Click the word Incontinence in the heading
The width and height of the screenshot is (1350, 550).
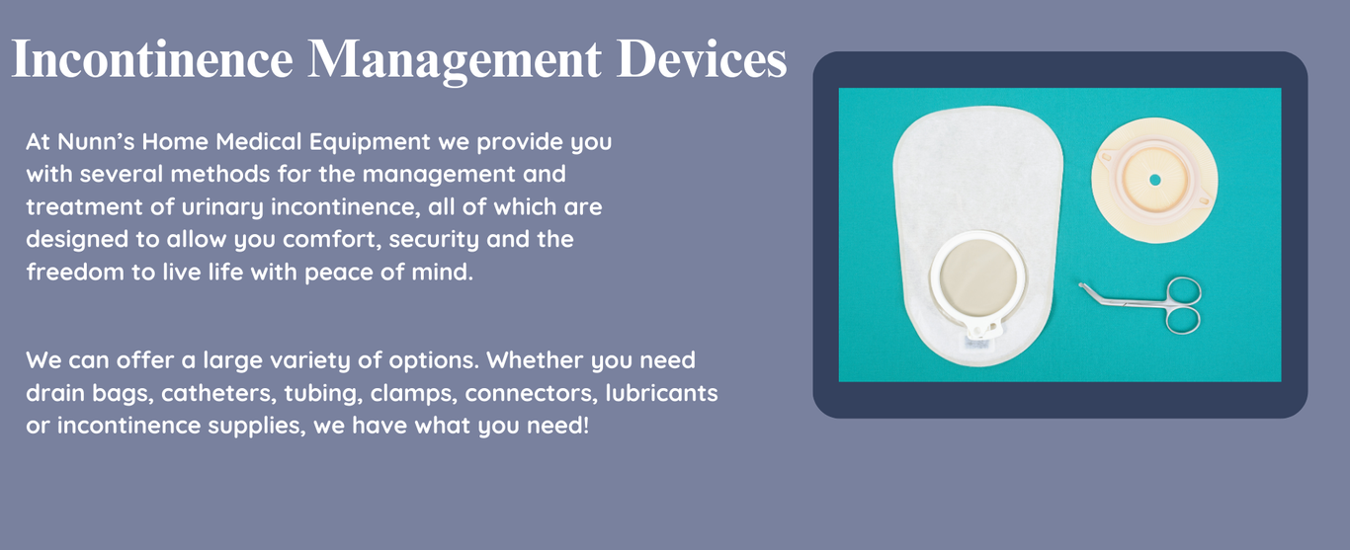(152, 58)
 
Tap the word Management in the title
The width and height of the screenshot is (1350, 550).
(455, 61)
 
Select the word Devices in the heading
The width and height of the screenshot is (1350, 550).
(702, 58)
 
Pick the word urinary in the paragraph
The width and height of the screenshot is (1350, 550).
(222, 207)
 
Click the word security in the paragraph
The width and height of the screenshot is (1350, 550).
(434, 240)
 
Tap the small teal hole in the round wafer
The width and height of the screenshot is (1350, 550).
(1154, 180)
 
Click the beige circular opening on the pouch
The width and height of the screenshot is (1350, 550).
(977, 277)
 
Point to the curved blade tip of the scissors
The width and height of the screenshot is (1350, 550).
(1083, 285)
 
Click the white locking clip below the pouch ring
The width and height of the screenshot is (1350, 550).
(982, 328)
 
